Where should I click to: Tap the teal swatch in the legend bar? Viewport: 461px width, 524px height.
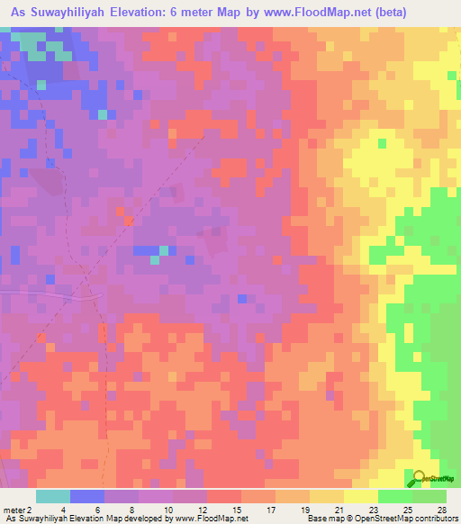[53, 496]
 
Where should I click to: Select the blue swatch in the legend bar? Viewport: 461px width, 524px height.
[87, 496]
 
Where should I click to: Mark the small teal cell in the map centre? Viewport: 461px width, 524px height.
[155, 259]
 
